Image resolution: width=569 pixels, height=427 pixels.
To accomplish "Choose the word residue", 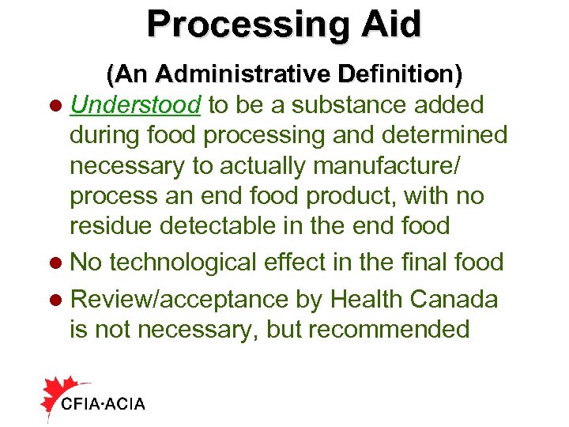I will pos(111,226).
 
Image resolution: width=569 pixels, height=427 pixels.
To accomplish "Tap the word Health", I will pos(367,299).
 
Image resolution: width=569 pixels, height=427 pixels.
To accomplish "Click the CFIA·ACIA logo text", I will pos(103,404).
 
